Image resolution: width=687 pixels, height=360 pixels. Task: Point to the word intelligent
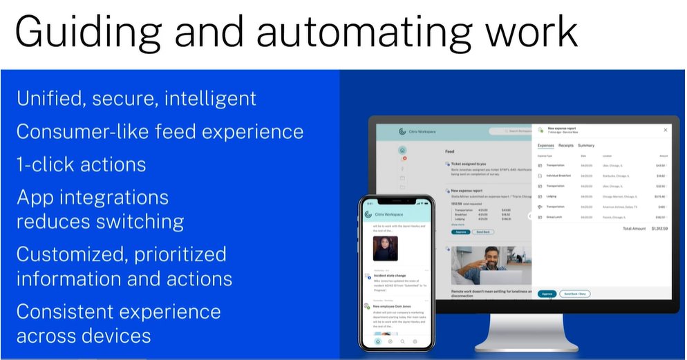point(210,98)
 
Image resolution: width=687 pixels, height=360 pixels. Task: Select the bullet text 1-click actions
point(81,164)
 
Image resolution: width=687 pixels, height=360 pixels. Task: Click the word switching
point(141,222)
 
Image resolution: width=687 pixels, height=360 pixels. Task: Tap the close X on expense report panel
point(666,130)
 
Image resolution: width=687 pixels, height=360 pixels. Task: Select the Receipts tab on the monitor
point(566,146)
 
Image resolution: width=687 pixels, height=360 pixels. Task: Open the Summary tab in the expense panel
point(586,146)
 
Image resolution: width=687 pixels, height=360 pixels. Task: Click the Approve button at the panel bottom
point(547,294)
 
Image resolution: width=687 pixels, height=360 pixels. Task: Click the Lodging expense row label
point(552,196)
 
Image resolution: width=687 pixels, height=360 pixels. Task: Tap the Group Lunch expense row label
point(555,216)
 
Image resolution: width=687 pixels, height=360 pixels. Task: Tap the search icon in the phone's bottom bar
point(402,341)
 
